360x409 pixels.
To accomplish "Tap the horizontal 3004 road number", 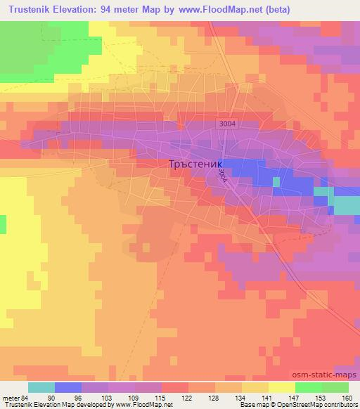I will [226, 124].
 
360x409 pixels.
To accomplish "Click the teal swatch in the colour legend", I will [41, 387].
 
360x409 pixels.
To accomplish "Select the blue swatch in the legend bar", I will [67, 387].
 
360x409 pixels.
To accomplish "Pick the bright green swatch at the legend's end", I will [335, 387].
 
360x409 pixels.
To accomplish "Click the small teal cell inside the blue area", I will [276, 181].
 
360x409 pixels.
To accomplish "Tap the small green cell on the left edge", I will [3, 224].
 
